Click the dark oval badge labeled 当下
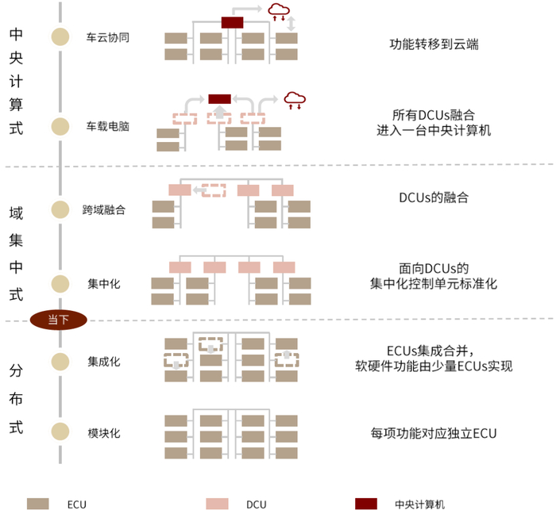pyautogui.click(x=58, y=320)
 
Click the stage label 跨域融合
pyautogui.click(x=103, y=209)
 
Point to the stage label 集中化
pyautogui.click(x=104, y=283)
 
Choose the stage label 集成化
pyautogui.click(x=104, y=362)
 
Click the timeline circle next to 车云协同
pyautogui.click(x=60, y=36)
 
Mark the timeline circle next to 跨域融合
pyautogui.click(x=60, y=209)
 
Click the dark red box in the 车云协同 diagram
pyautogui.click(x=232, y=22)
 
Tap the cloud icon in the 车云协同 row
pyautogui.click(x=279, y=11)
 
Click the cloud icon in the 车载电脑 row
pyautogui.click(x=295, y=98)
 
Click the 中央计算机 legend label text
pyautogui.click(x=420, y=504)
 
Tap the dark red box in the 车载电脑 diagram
pyautogui.click(x=219, y=98)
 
